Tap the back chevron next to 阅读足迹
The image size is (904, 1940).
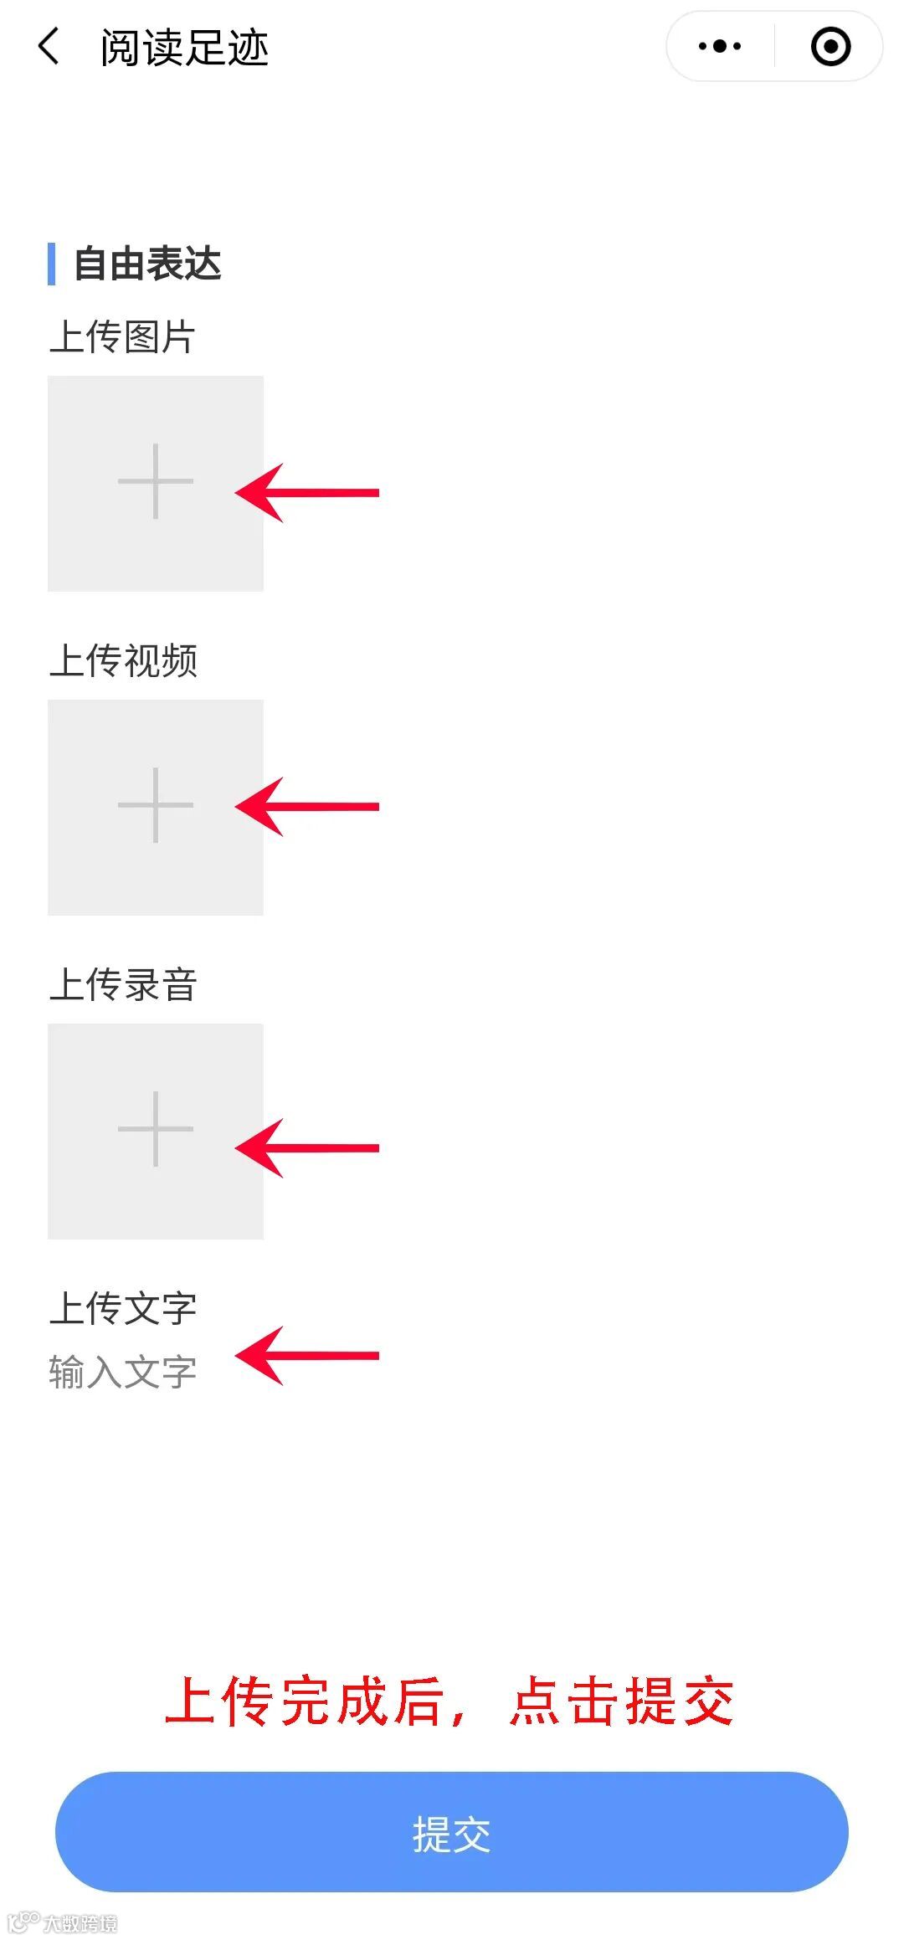coord(49,46)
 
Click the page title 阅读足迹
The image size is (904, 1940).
coord(184,47)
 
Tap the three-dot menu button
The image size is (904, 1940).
coord(720,46)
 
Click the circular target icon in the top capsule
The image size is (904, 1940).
coord(830,46)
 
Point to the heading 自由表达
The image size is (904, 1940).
coord(147,264)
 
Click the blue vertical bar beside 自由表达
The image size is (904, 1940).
coord(52,264)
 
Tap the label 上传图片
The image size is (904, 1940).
coord(122,337)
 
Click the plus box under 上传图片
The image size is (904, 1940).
coord(156,483)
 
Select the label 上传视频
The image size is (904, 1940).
coord(123,660)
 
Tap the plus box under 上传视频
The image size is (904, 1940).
coord(156,807)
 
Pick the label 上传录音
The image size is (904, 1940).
coord(123,984)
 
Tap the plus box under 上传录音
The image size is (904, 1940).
coord(156,1131)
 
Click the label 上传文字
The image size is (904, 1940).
coord(123,1308)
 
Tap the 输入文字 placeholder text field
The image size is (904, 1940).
coord(123,1373)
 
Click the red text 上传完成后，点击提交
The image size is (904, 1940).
coord(449,1701)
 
